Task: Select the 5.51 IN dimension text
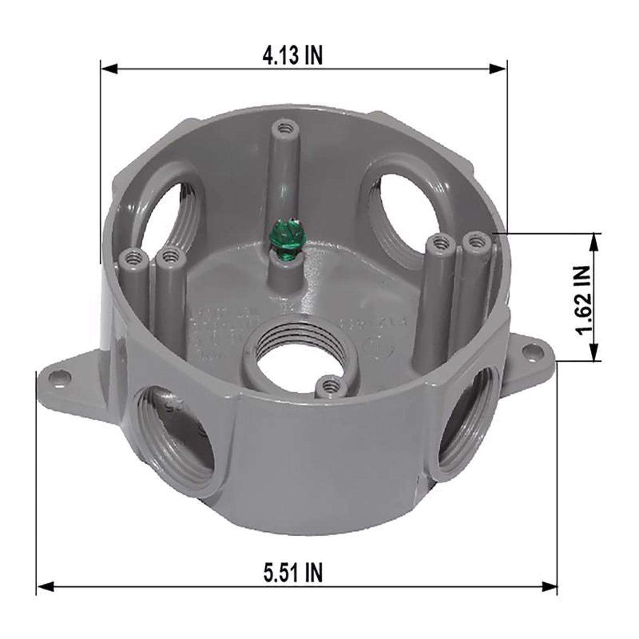point(293,572)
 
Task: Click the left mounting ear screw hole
point(55,376)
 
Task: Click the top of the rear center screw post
point(283,127)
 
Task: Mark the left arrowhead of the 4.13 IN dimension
point(109,69)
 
